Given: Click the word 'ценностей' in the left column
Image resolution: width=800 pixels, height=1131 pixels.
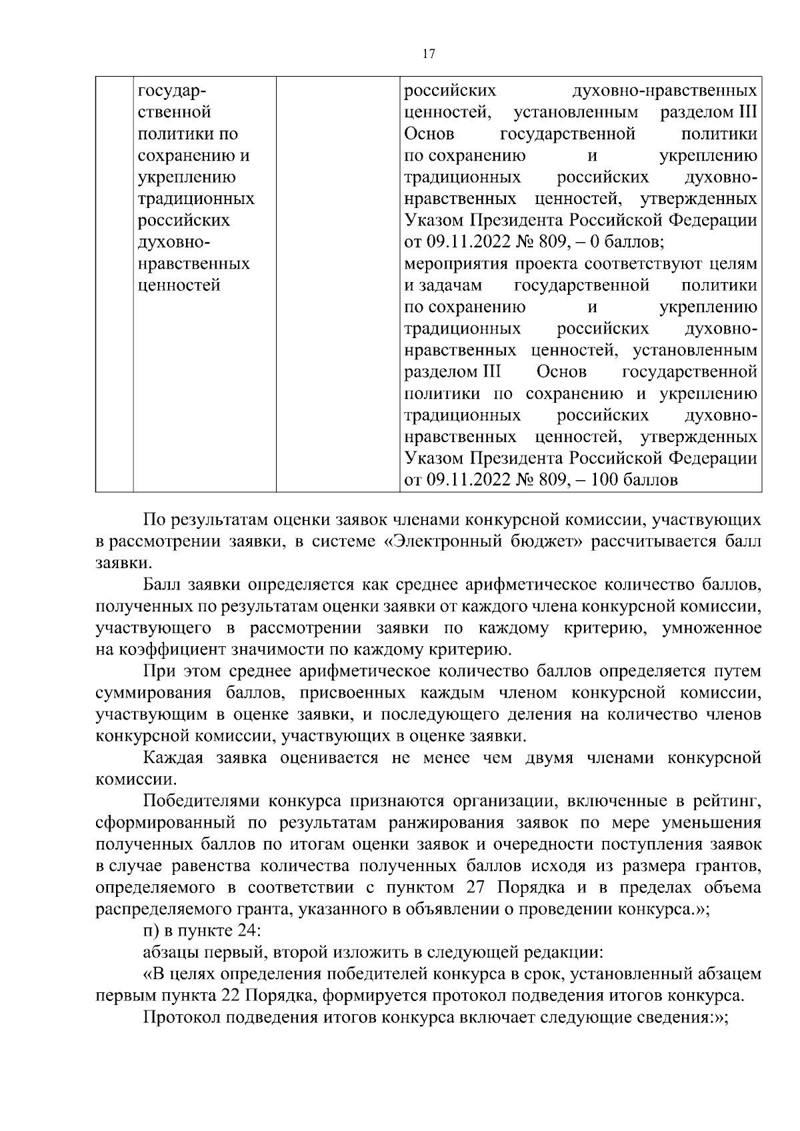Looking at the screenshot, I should click(179, 285).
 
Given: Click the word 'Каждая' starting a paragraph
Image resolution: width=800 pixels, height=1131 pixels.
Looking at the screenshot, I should click(174, 758).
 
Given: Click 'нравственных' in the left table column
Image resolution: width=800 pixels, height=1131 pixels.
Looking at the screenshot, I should click(193, 264).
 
